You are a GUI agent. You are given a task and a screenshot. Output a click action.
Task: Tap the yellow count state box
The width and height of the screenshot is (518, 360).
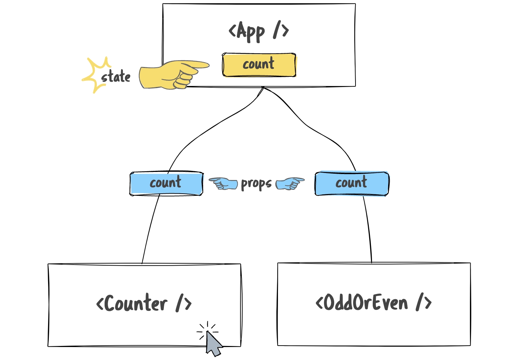pos(259,65)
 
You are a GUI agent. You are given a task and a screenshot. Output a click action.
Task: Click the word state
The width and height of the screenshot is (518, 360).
pos(116,77)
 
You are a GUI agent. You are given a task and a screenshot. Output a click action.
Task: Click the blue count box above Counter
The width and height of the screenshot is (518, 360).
pos(166,184)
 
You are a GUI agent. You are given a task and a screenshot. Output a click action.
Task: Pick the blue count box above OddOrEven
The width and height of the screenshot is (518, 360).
pos(352,184)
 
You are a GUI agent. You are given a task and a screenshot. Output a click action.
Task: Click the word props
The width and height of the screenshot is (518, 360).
pos(256,184)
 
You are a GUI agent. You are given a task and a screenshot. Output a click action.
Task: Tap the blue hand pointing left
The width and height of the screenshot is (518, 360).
pos(223,183)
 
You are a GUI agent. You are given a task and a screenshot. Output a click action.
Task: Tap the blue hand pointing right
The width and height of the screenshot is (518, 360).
pos(290,183)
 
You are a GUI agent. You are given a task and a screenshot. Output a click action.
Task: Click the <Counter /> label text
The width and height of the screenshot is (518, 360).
pos(144,304)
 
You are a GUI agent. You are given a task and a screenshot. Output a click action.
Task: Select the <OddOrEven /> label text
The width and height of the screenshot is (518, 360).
pos(373,303)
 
